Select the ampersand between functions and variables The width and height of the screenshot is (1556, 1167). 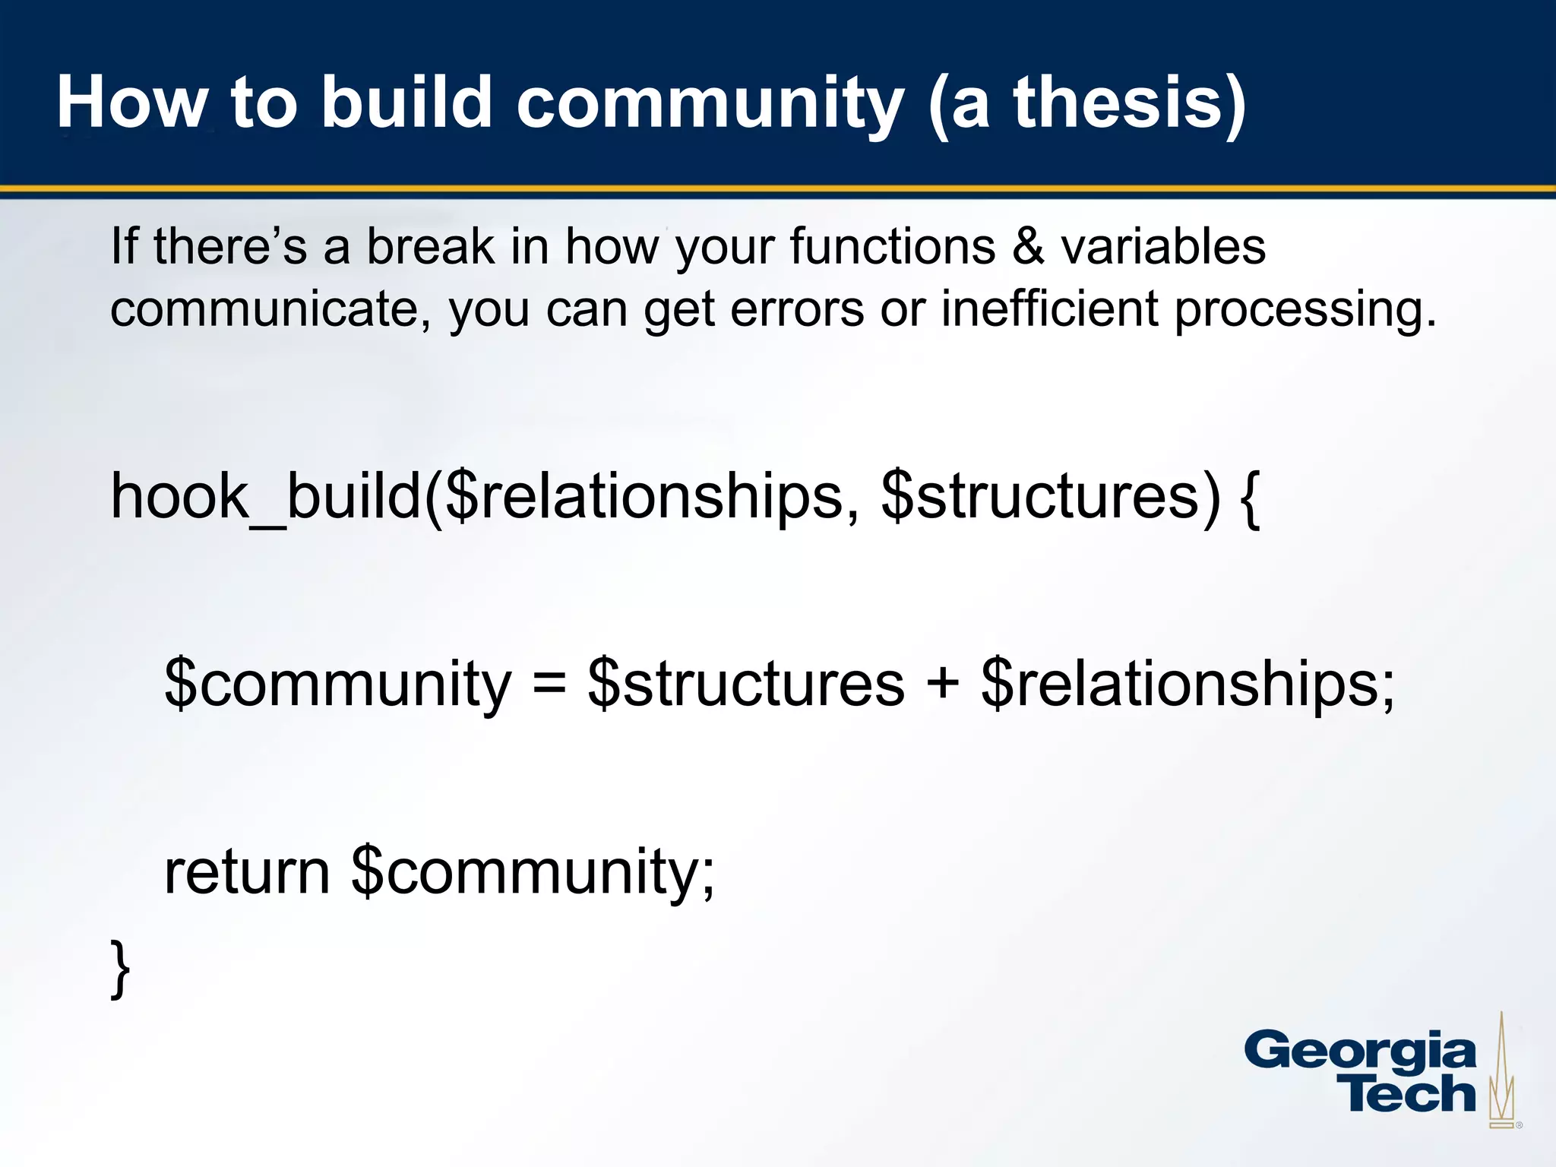(x=1028, y=247)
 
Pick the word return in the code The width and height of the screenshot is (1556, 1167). (x=247, y=871)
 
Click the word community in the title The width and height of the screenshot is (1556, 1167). (x=710, y=104)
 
